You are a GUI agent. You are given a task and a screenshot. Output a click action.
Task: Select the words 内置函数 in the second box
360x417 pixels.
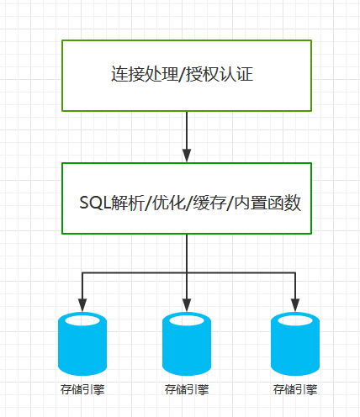click(266, 203)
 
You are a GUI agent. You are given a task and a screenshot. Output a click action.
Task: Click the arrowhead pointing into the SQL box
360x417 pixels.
click(185, 156)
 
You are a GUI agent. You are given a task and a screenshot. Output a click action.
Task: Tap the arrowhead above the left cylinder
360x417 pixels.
click(82, 304)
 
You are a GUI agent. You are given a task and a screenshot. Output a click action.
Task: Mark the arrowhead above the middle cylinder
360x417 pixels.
click(186, 304)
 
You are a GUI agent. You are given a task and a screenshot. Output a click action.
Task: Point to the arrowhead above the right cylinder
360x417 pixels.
click(296, 304)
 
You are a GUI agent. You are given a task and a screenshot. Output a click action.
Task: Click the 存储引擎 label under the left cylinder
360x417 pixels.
click(82, 389)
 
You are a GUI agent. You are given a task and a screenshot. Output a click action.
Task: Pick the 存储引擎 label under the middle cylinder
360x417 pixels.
click(186, 389)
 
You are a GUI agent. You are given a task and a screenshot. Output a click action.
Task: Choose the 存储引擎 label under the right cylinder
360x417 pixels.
click(296, 389)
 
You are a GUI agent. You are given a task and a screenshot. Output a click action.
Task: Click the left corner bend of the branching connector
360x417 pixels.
click(82, 273)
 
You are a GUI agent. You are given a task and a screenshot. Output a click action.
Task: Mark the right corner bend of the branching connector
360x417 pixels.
click(296, 273)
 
